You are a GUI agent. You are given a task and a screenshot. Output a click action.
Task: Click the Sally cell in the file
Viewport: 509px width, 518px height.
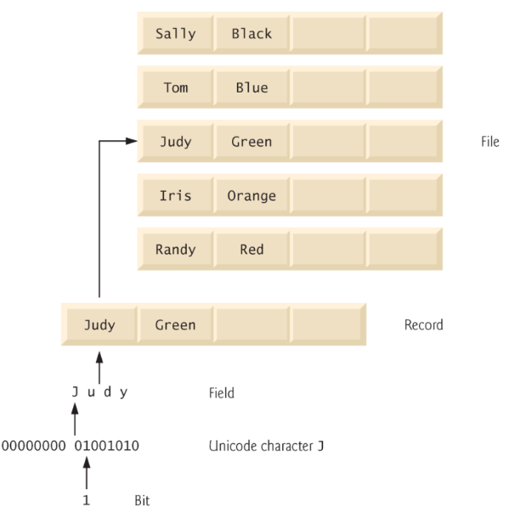[175, 34]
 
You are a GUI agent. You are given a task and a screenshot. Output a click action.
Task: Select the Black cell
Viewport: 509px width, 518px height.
[252, 34]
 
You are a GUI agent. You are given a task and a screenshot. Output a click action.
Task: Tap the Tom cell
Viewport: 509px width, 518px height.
[175, 87]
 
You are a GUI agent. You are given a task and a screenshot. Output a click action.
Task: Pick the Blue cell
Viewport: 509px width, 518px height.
[252, 87]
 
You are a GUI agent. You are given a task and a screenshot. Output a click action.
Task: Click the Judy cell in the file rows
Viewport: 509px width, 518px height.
[175, 142]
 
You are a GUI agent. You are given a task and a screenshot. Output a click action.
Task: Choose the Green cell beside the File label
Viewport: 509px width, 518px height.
[252, 142]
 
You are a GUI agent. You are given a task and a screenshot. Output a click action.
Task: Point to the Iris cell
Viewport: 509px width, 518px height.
[175, 195]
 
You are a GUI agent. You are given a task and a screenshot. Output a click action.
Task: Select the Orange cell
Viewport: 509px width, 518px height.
[252, 195]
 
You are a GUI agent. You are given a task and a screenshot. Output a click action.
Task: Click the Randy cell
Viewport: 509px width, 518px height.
[175, 250]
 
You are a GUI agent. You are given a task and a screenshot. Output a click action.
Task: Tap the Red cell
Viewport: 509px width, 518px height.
[252, 250]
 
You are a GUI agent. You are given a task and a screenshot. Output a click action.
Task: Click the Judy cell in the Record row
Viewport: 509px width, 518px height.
[99, 324]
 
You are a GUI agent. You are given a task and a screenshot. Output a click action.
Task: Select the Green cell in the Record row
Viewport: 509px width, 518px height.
[175, 324]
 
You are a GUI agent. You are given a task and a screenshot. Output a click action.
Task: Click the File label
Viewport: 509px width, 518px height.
[490, 142]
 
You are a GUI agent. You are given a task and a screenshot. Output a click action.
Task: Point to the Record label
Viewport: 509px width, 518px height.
[423, 324]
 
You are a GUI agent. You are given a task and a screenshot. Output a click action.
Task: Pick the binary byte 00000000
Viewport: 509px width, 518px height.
[33, 445]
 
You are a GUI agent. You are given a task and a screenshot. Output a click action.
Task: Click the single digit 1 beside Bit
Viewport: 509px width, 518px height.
[87, 500]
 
